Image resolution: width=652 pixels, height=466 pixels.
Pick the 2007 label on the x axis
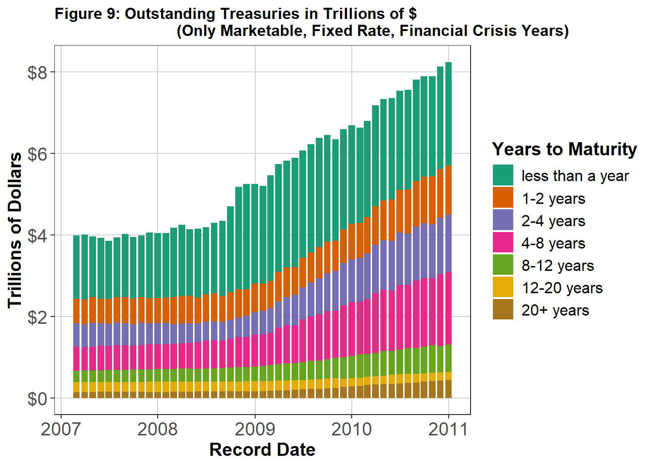(61, 429)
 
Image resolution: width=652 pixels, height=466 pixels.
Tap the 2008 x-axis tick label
(158, 429)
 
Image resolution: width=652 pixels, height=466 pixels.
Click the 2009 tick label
(255, 429)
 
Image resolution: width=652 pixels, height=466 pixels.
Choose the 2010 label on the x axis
(351, 429)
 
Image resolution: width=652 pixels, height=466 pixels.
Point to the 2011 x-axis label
(448, 429)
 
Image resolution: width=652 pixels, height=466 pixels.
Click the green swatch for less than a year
(503, 175)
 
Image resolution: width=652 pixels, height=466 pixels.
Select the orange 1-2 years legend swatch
(503, 198)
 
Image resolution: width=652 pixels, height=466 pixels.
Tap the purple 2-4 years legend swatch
(503, 220)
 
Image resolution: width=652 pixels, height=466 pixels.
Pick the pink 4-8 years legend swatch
(503, 242)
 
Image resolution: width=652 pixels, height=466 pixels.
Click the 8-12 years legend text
(557, 266)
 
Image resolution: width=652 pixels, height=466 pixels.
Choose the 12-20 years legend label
(562, 288)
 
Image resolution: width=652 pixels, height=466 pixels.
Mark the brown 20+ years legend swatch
(503, 309)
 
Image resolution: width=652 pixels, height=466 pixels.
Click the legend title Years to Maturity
(564, 149)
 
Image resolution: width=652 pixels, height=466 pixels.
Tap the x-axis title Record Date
(262, 450)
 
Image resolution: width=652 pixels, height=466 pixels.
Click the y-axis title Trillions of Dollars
(16, 230)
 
